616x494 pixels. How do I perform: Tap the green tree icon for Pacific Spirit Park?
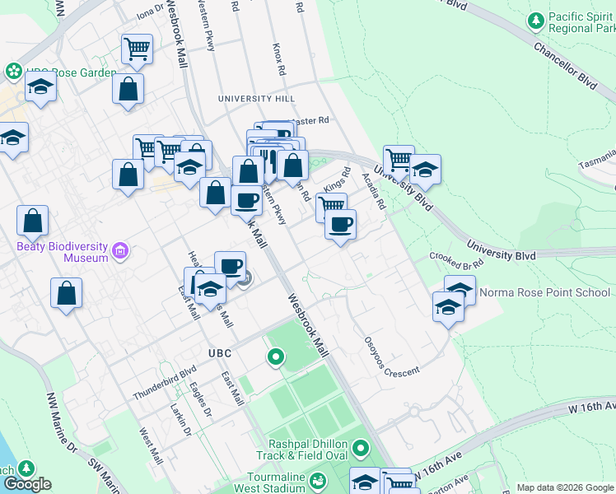click(x=536, y=18)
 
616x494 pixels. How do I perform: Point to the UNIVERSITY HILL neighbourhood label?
click(x=256, y=99)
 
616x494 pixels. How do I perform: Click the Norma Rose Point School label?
click(x=533, y=292)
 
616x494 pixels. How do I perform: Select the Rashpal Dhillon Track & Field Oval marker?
click(x=361, y=450)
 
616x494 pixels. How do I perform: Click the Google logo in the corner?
click(x=27, y=484)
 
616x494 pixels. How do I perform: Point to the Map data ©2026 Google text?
click(x=564, y=487)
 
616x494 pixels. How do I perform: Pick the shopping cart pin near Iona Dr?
click(x=137, y=49)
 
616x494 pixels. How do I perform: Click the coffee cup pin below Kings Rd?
click(x=341, y=225)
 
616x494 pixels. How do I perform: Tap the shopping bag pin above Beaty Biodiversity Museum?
click(x=33, y=221)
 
